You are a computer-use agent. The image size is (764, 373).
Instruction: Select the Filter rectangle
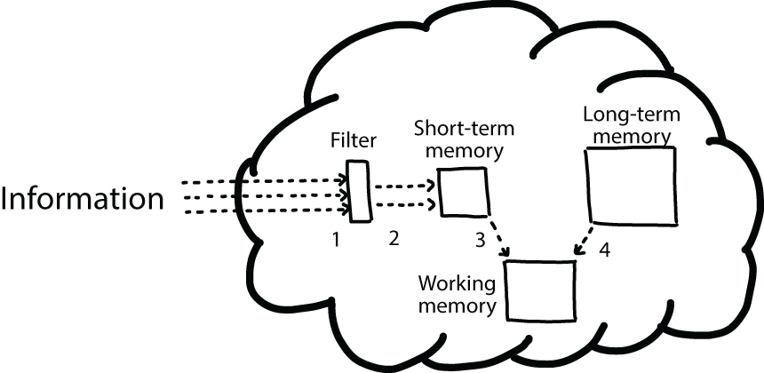(360, 191)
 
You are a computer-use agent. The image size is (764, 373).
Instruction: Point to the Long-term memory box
(632, 186)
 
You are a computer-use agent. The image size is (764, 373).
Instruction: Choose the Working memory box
(539, 290)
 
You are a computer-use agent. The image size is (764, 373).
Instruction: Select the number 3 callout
(480, 239)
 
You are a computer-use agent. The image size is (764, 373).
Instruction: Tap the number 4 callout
(604, 250)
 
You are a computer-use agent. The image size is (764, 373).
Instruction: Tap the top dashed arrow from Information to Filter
(263, 182)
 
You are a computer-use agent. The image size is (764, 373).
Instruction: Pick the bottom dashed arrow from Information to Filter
(263, 211)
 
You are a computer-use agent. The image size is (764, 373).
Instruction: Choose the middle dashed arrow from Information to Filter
(263, 196)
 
